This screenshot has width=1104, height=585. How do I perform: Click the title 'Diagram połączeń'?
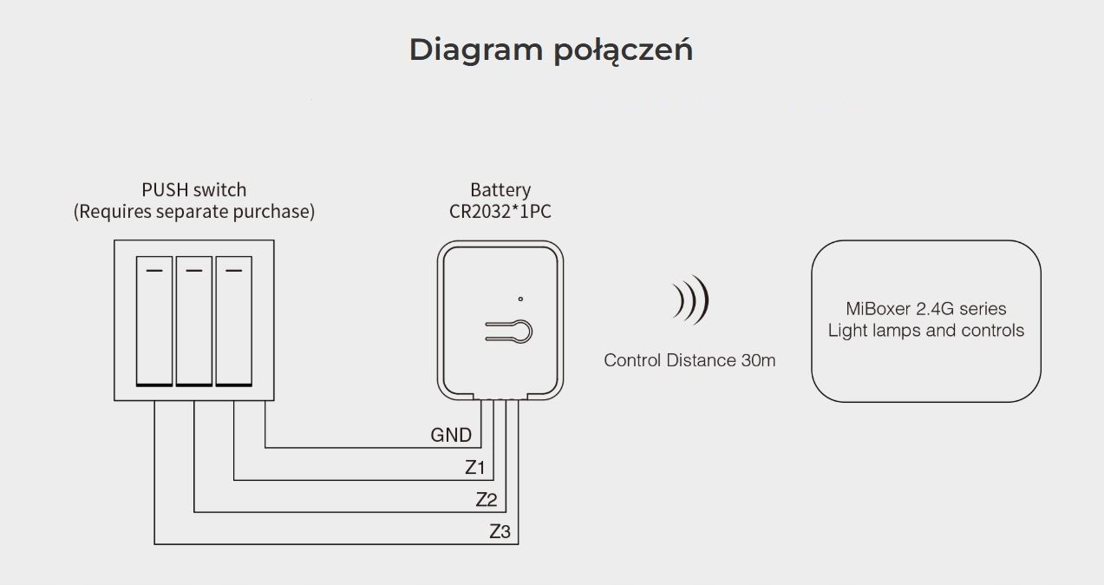(551, 50)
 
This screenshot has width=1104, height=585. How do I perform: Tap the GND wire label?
(451, 435)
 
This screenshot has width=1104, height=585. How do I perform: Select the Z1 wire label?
(474, 468)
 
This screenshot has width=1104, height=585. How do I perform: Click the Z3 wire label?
(500, 531)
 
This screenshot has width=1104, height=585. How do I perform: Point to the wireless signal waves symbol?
(691, 300)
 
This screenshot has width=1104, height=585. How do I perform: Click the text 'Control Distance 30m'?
(689, 360)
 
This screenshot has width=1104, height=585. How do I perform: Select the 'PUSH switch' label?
(194, 189)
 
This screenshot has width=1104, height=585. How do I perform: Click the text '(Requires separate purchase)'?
(194, 211)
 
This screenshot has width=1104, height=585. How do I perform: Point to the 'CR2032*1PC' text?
(500, 211)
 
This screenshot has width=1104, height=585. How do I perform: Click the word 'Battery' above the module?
(500, 189)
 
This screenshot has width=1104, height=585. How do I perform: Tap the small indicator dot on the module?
(520, 299)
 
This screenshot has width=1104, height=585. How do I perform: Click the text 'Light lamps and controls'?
(926, 331)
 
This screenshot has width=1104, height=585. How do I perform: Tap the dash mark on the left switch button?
(154, 270)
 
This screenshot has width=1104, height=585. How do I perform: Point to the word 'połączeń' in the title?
(622, 50)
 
